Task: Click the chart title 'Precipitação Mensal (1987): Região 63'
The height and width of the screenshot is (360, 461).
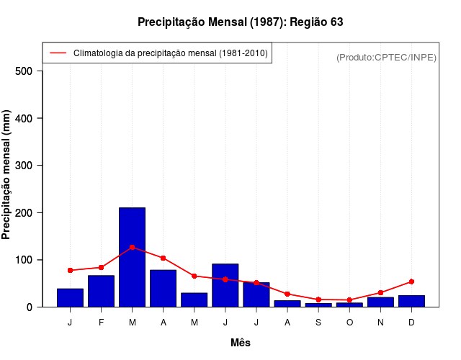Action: tap(240, 22)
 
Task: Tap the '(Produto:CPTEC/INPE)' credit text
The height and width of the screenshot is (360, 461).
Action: tap(386, 57)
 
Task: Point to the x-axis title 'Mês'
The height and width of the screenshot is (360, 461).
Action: tap(241, 343)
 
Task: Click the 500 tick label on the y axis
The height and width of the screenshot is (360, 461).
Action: tap(24, 71)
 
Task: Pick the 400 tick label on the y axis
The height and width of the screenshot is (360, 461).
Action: tap(24, 118)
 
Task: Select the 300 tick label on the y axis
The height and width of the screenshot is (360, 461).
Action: tap(24, 166)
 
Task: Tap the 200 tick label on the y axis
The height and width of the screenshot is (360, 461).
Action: tap(24, 213)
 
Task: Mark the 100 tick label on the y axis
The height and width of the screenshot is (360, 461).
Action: tap(24, 260)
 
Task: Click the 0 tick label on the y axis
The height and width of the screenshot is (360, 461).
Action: tap(30, 307)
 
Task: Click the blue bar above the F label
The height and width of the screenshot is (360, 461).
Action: tap(101, 291)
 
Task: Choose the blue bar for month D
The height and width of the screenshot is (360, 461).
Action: tap(411, 301)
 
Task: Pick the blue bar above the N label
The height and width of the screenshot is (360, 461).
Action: tap(380, 302)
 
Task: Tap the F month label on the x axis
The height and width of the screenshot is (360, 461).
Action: tap(101, 323)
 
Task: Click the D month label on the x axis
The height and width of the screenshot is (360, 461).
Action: tap(411, 323)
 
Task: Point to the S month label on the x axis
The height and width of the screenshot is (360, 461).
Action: tap(318, 323)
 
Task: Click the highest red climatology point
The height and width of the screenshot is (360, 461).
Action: tap(132, 247)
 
